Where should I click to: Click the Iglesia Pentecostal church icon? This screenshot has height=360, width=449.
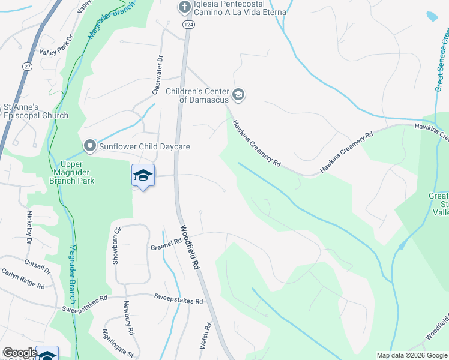[x=185, y=7]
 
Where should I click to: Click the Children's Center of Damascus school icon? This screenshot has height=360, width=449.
[x=238, y=95]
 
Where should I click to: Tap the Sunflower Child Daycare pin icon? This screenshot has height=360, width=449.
[x=89, y=146]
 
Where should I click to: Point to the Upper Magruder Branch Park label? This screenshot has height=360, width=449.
[x=77, y=172]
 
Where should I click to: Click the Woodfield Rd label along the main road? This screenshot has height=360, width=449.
[x=190, y=247]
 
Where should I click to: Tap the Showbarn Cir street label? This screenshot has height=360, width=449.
[x=118, y=246]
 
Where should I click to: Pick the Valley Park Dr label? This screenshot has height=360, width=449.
[x=56, y=53]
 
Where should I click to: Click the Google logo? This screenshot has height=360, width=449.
[x=19, y=353]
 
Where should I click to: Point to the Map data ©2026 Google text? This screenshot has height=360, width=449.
[x=412, y=355]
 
